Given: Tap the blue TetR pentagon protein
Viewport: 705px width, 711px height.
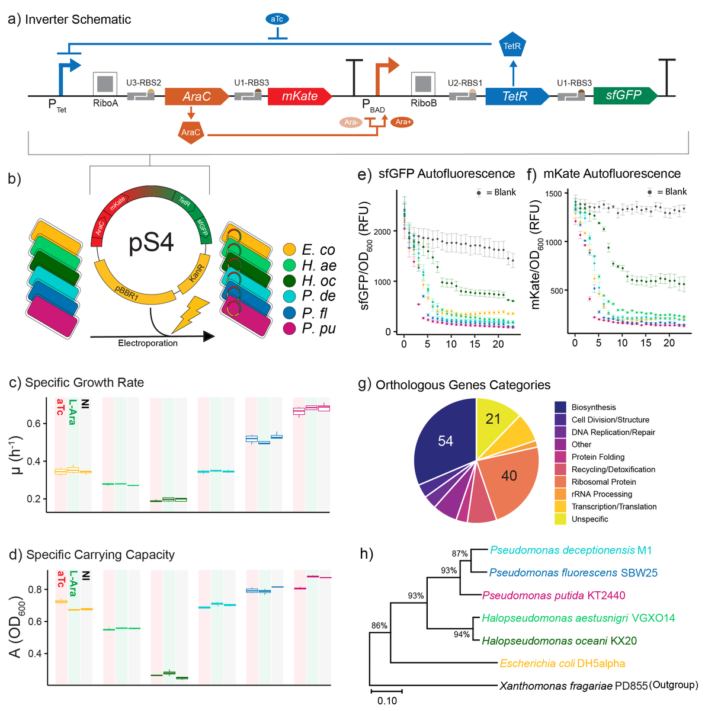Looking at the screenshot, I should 512,46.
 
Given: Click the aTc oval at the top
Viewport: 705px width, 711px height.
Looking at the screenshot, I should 277,19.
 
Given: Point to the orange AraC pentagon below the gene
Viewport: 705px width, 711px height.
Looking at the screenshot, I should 191,132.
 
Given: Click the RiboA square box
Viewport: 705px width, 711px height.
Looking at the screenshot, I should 105,84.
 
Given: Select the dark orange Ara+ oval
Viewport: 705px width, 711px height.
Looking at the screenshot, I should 402,122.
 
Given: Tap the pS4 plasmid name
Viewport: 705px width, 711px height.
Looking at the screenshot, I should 151,243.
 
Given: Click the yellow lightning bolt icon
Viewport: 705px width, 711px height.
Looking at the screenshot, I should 189,315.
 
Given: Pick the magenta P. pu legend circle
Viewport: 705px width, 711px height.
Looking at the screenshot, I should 290,328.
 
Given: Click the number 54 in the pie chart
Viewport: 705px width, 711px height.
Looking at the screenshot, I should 446,441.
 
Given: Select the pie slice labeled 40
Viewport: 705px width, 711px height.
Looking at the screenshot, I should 508,475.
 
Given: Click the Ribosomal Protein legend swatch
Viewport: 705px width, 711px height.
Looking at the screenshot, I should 560,482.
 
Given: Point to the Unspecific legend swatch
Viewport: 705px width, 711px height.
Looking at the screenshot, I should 560,519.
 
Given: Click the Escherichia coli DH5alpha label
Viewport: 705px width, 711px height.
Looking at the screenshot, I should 562,664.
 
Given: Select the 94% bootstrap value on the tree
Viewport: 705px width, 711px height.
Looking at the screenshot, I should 462,635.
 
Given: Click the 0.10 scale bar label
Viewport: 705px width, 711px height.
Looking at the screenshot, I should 387,701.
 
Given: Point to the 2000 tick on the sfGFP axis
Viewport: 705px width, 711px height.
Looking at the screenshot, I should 382,232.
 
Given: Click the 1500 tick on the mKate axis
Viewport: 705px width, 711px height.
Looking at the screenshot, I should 553,194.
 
